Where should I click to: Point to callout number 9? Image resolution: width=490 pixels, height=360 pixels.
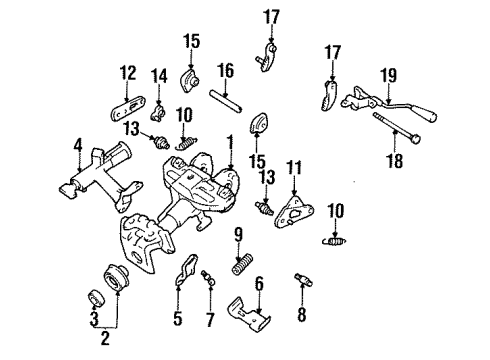[240, 236]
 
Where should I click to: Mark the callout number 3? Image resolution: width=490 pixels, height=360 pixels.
[92, 320]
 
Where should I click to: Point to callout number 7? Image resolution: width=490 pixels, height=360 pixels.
[208, 321]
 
